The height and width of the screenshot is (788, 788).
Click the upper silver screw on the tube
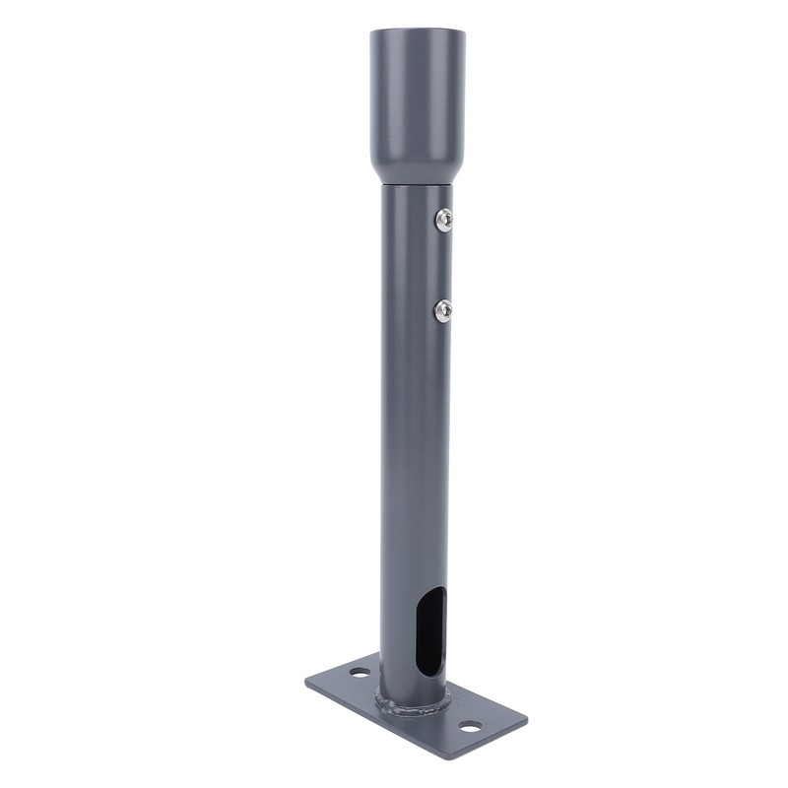pos(443,220)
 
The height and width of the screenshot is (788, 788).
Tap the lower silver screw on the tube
pos(443,311)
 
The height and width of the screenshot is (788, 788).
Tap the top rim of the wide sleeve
pos(416,33)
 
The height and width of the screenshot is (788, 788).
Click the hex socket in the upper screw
pos(444,220)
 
